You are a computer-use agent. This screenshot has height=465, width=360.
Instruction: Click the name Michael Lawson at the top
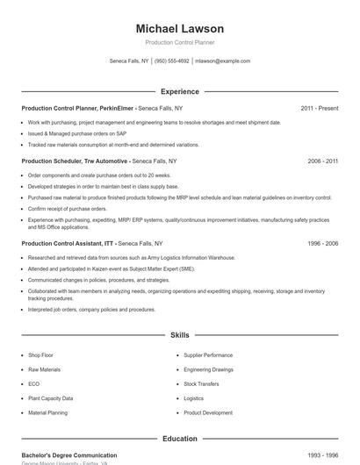[x=179, y=29]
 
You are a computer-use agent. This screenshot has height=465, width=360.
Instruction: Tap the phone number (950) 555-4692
[x=172, y=61]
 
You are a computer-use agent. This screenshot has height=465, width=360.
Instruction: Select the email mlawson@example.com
[x=223, y=61]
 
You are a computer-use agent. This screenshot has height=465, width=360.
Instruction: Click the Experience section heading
[x=179, y=91]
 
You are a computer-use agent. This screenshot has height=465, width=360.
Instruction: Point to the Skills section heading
[x=179, y=335]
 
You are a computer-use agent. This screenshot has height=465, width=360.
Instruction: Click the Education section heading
[x=179, y=438]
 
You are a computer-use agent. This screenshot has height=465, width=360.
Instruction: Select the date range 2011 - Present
[x=319, y=108]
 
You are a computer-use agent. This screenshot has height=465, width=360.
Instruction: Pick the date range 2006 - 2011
[x=322, y=161]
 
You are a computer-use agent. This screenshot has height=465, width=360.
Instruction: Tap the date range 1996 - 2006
[x=322, y=243]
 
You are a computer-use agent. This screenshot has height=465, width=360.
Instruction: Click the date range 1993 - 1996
[x=322, y=455]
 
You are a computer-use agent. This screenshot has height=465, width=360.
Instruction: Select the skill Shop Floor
[x=40, y=355]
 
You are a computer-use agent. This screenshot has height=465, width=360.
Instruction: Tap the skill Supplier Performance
[x=208, y=355]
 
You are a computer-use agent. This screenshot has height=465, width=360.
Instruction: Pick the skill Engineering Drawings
[x=208, y=369]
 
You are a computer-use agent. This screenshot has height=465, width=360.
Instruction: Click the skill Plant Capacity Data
[x=50, y=398]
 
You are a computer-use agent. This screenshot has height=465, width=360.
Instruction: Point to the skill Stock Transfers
[x=201, y=383]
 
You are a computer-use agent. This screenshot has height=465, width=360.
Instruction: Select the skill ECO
[x=33, y=383]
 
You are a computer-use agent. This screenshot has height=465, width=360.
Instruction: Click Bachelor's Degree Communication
[x=69, y=455]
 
